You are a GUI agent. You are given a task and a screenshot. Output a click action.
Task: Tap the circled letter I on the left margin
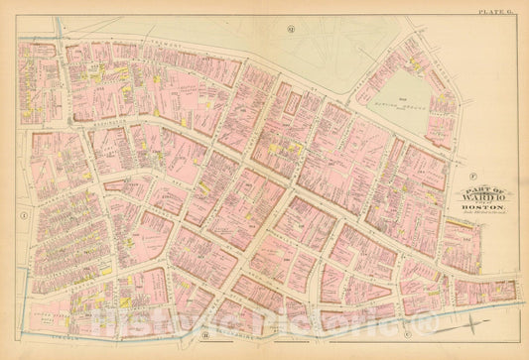coord(22,213)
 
